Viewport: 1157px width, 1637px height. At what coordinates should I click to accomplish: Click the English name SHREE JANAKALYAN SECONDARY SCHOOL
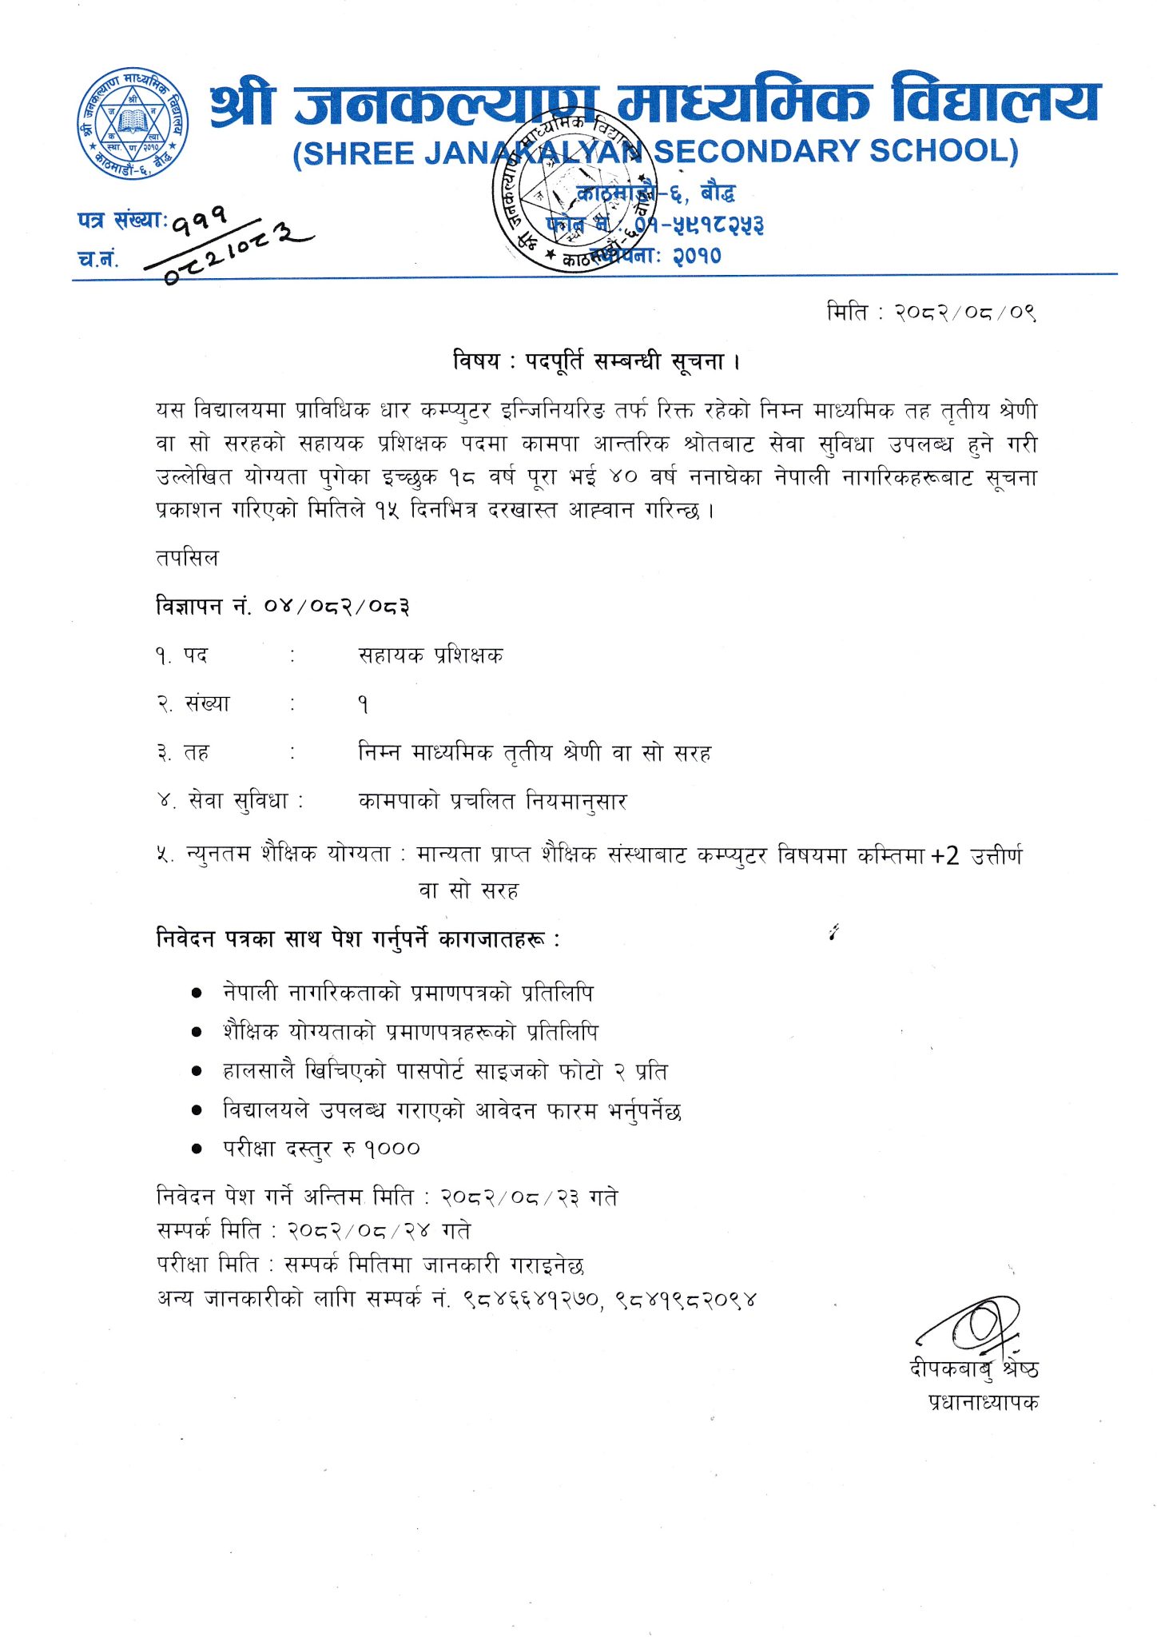pyautogui.click(x=655, y=152)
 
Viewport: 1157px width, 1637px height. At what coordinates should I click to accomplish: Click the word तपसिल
pyautogui.click(x=187, y=557)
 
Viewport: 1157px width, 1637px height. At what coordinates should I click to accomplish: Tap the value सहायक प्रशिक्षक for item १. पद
pyautogui.click(x=431, y=655)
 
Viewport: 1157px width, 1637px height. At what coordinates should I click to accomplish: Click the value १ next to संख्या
pyautogui.click(x=364, y=704)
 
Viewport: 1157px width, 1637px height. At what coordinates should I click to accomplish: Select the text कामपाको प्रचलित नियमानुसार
pyautogui.click(x=492, y=800)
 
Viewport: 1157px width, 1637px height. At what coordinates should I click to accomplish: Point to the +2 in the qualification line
pyautogui.click(x=944, y=856)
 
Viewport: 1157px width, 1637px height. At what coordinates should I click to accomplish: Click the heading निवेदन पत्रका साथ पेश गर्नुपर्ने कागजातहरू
pyautogui.click(x=358, y=938)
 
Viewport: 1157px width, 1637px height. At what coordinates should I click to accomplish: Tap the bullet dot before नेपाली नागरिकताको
pyautogui.click(x=197, y=994)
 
